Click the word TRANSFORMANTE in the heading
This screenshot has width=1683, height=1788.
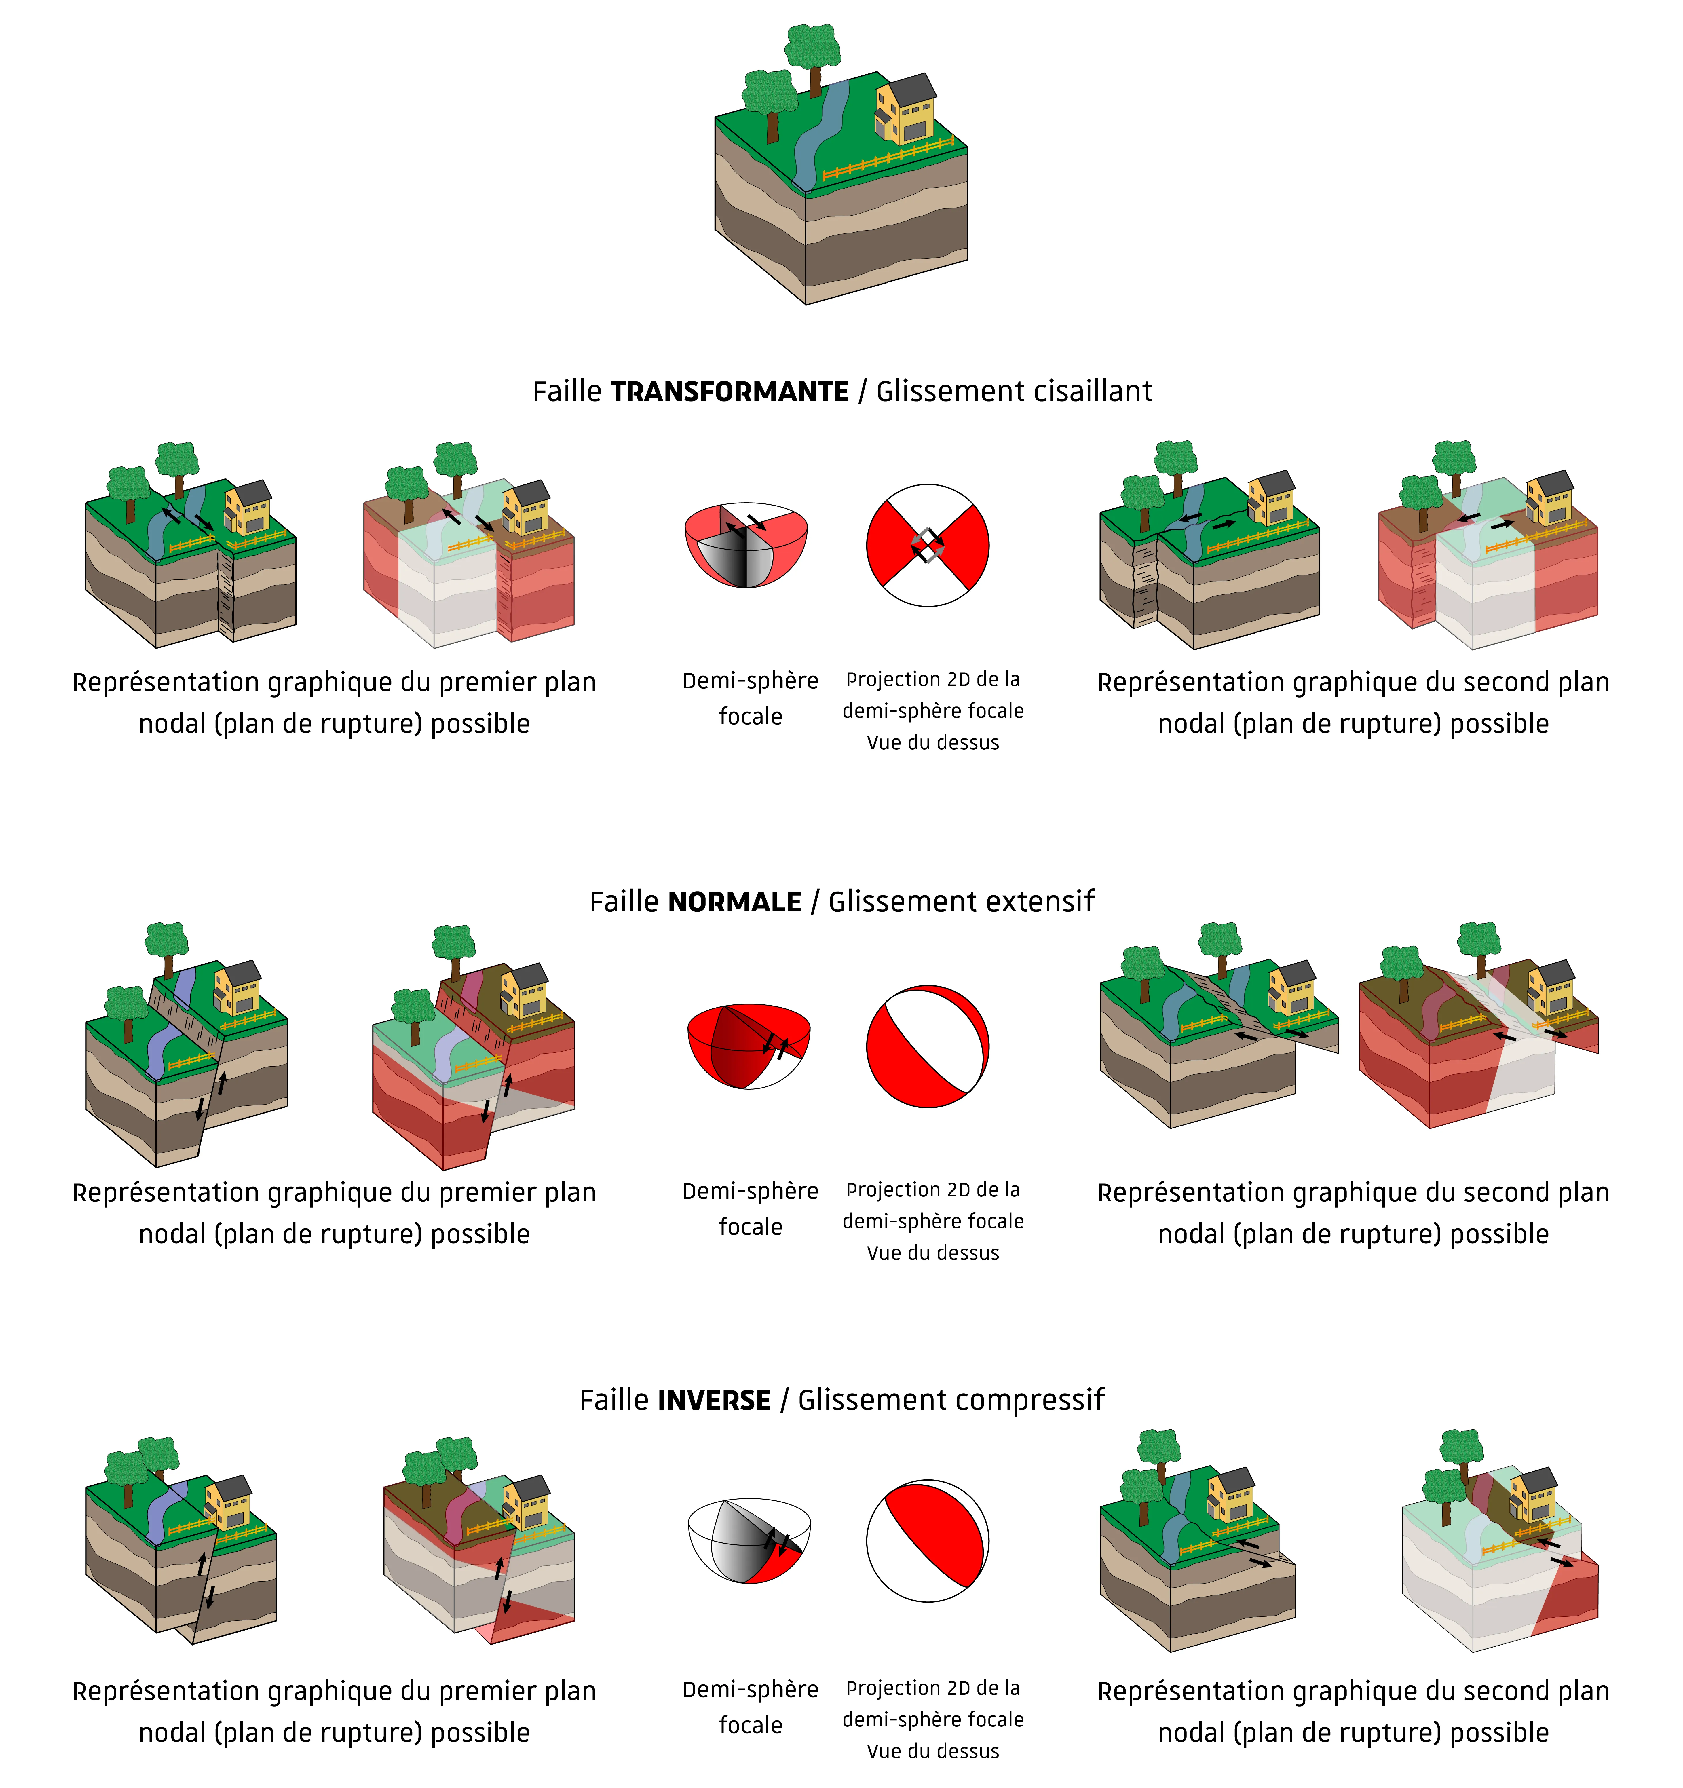click(x=730, y=392)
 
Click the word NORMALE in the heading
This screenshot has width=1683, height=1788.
click(x=734, y=902)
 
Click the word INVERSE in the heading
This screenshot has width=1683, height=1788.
click(x=714, y=1400)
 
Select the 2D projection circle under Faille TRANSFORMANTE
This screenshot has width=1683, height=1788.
click(x=927, y=545)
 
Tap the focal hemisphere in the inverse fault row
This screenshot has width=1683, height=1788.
click(x=749, y=1540)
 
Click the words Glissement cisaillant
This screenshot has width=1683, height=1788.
click(x=1014, y=392)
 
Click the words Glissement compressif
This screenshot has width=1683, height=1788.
click(x=951, y=1400)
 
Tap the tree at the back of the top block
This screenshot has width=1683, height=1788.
click(x=813, y=54)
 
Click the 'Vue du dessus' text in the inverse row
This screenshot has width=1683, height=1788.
click(x=933, y=1751)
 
